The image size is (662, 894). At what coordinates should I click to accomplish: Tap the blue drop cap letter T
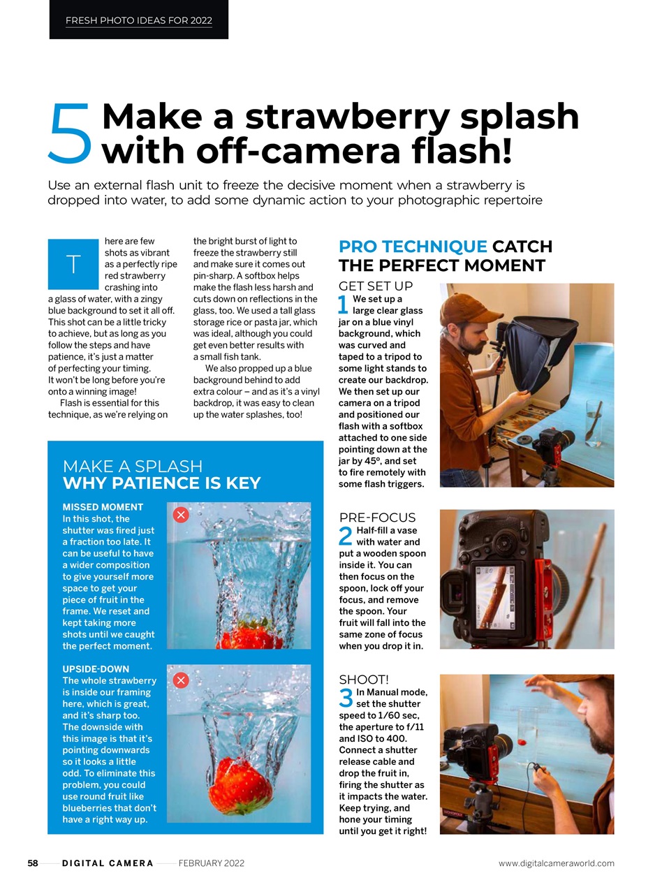click(73, 264)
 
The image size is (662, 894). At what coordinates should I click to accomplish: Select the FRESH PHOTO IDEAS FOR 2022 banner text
click(138, 20)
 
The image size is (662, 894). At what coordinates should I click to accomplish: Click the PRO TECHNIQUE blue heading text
click(413, 247)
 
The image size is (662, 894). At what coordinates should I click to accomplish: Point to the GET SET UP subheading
click(376, 286)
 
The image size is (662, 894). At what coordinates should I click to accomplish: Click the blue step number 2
click(346, 536)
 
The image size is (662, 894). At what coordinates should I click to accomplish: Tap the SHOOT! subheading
click(364, 680)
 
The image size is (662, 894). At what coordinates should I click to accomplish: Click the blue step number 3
click(346, 698)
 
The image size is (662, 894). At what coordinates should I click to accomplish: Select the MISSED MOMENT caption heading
click(103, 507)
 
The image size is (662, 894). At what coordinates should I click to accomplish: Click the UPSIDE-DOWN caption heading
click(96, 669)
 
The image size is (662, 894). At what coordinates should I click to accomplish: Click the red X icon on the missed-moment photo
click(181, 515)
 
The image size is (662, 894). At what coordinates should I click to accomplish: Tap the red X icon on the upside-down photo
click(181, 680)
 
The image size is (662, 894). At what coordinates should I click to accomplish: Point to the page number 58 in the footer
click(33, 863)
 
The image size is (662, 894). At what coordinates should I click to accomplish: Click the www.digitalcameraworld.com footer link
click(556, 863)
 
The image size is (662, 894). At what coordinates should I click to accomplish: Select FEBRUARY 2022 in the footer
click(211, 863)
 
